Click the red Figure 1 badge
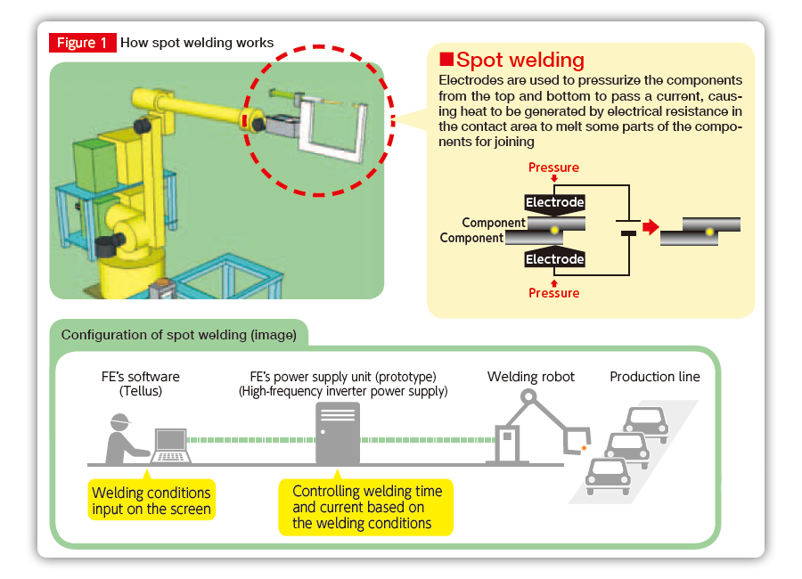(x=82, y=43)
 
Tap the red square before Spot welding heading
(x=446, y=60)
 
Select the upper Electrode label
(x=554, y=202)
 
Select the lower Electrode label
(x=554, y=259)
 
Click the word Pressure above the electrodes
(x=553, y=167)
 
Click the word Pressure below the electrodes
(x=554, y=293)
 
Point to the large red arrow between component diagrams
(x=651, y=226)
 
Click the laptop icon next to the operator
(x=171, y=445)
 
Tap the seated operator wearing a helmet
(x=124, y=439)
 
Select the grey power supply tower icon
(x=338, y=433)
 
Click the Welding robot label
(x=531, y=377)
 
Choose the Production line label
(x=655, y=377)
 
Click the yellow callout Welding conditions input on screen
(x=151, y=501)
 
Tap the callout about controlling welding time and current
(x=365, y=507)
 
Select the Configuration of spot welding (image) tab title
(x=179, y=335)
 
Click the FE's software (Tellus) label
(x=141, y=384)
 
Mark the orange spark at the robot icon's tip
(x=584, y=449)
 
